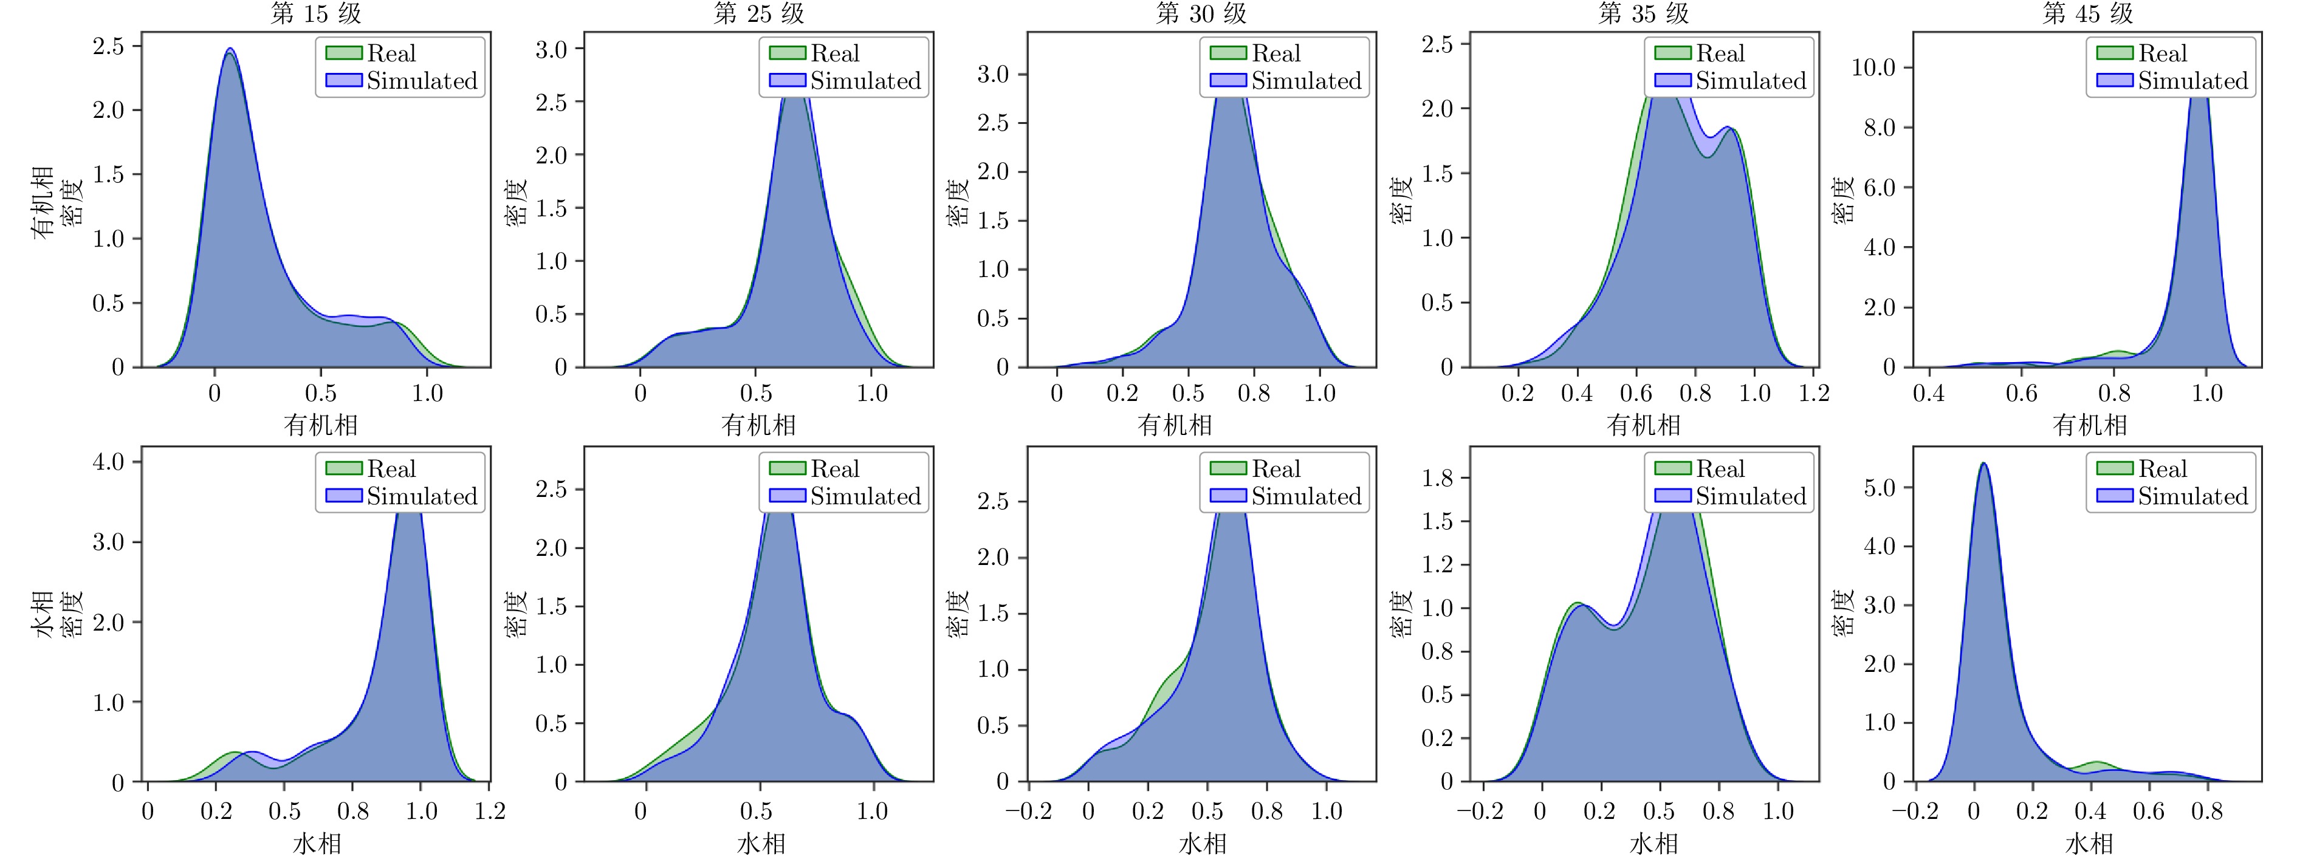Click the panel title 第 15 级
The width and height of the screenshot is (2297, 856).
click(317, 13)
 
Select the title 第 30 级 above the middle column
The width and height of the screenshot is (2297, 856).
click(1201, 13)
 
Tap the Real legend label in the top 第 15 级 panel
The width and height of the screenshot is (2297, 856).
click(391, 53)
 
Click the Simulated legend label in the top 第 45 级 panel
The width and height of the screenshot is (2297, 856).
click(2192, 81)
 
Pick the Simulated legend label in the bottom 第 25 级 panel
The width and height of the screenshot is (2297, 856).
click(865, 497)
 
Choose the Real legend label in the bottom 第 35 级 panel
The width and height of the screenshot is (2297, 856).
click(1720, 469)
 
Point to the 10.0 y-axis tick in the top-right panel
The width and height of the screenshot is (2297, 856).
click(1873, 68)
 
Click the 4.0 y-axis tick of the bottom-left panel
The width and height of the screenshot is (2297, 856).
click(109, 462)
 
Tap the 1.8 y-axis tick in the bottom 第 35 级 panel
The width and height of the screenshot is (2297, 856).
click(1437, 478)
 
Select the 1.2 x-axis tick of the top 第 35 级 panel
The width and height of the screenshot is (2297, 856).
click(1814, 393)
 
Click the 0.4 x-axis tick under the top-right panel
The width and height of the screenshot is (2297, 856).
click(1929, 393)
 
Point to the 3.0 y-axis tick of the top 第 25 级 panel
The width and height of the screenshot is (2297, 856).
click(551, 49)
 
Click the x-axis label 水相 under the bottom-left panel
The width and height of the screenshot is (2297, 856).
click(317, 843)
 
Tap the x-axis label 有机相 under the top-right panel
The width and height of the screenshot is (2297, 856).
click(2089, 425)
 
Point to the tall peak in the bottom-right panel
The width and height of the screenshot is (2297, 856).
click(1982, 465)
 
